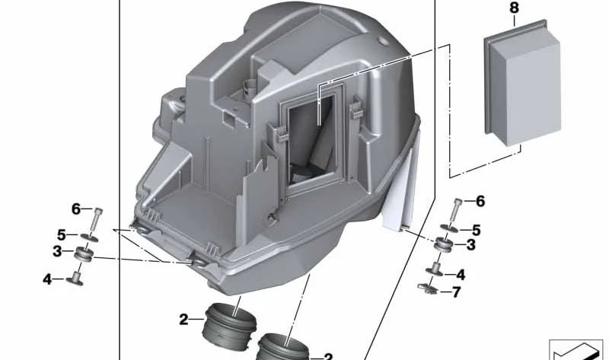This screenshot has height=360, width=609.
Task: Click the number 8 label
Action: click(514, 8)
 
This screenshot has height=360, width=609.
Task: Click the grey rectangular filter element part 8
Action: click(522, 83)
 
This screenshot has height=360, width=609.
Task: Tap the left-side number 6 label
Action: click(75, 209)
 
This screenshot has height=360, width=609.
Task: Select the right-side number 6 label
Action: click(480, 201)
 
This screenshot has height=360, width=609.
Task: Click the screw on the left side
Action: click(97, 219)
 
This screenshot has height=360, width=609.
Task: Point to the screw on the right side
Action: click(455, 211)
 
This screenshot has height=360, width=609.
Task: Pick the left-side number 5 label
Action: click(62, 235)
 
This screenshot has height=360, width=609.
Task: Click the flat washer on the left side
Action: click(89, 237)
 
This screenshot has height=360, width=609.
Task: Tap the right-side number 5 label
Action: click(477, 231)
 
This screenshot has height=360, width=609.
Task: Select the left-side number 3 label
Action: click(57, 251)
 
